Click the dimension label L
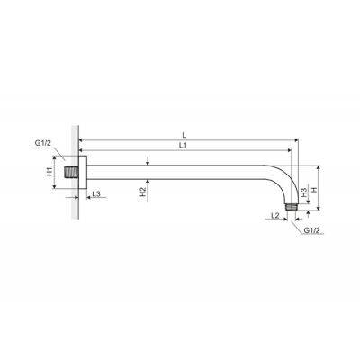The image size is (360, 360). tap(184, 136)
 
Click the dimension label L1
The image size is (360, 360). tap(184, 146)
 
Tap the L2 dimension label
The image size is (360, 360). tap(275, 215)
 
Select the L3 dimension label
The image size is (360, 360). tap(96, 194)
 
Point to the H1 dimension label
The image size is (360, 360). tap(49, 172)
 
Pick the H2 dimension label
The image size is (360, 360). tap(143, 192)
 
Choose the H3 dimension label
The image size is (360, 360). tap(304, 193)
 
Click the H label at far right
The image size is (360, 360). tap(314, 190)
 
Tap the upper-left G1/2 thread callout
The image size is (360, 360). tap(43, 143)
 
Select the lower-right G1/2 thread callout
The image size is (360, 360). tap(312, 230)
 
